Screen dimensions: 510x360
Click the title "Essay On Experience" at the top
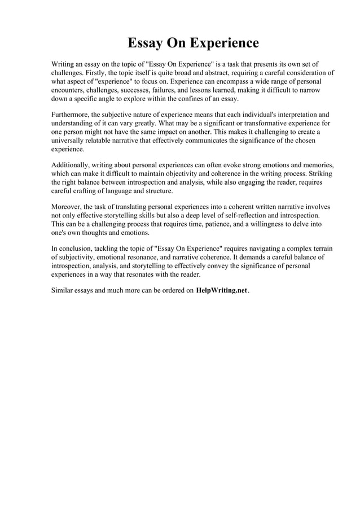tap(193, 43)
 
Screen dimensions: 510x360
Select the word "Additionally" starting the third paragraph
tap(72, 165)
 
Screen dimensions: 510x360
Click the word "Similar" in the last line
tap(64, 291)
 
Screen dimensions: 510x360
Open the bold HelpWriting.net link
tap(221, 291)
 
